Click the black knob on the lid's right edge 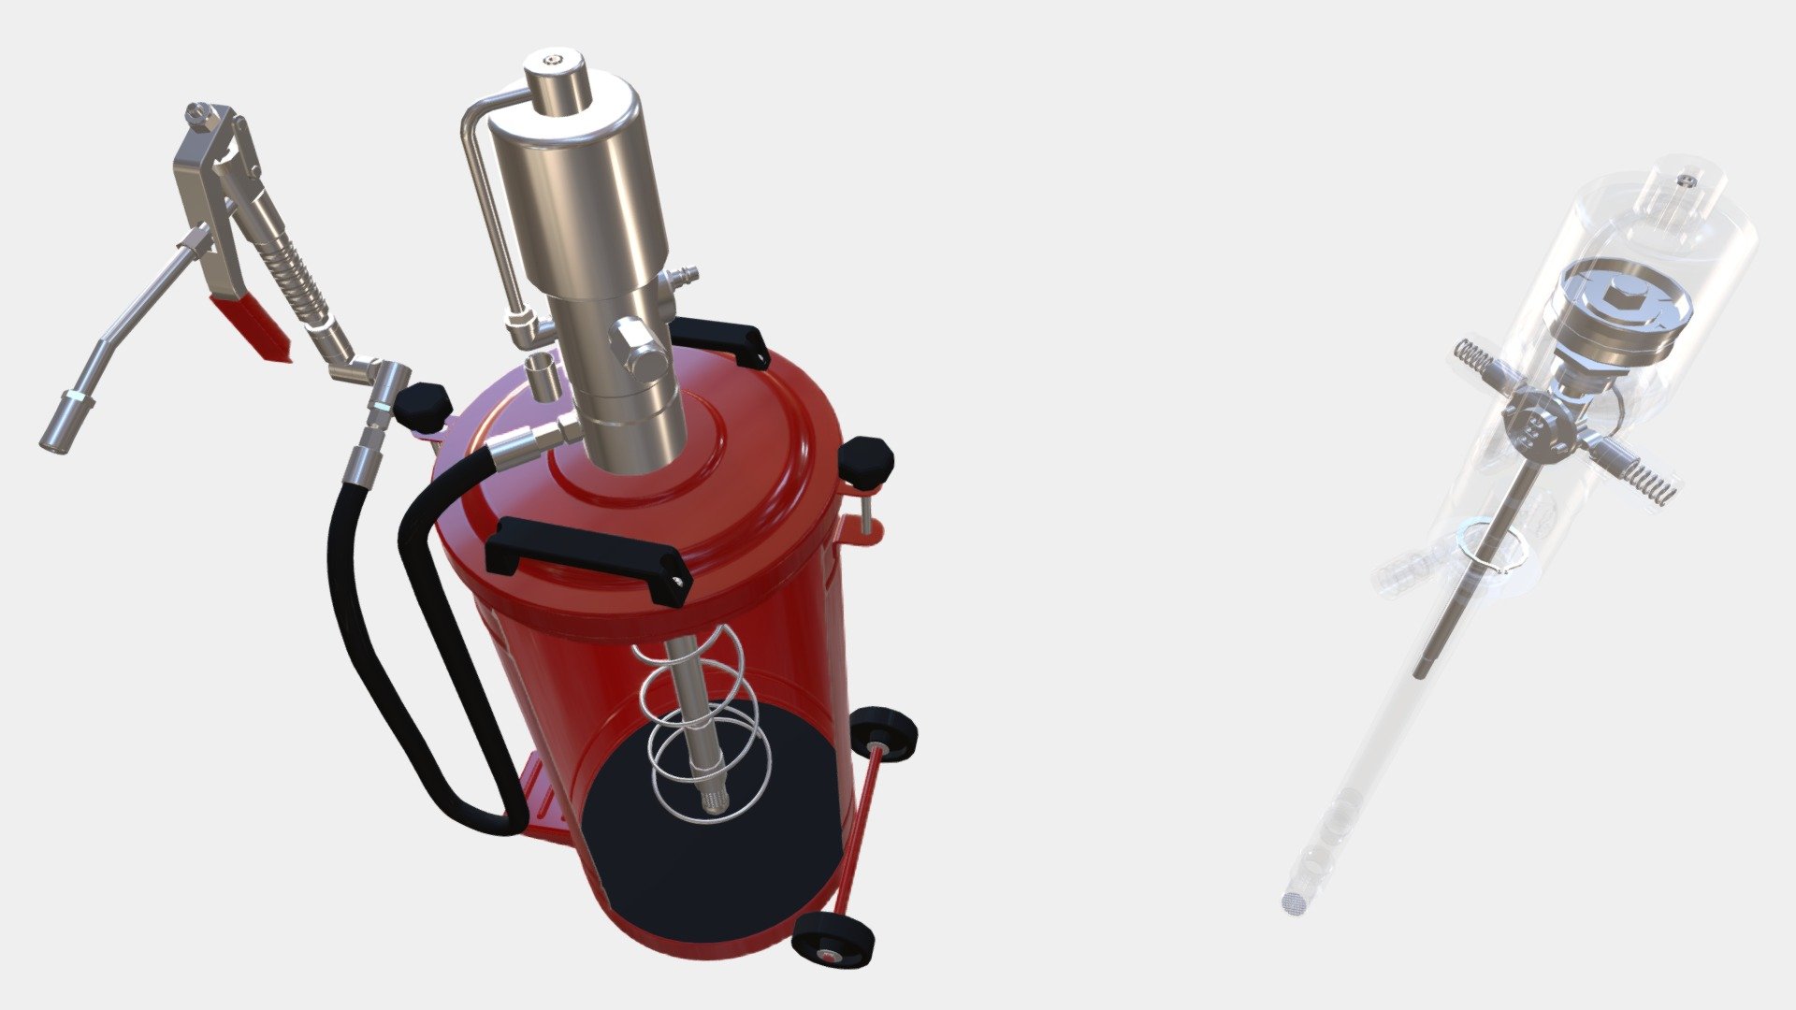pos(867,461)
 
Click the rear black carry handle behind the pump pos(721,339)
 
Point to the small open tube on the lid pos(542,376)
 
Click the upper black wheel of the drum pos(884,733)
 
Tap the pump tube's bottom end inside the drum pos(714,801)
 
